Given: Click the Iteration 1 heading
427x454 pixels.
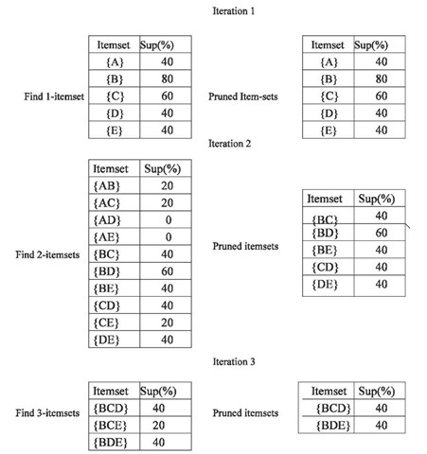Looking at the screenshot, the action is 234,11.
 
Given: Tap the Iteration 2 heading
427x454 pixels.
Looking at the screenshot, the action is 230,144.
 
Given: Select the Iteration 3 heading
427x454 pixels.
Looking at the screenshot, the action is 234,361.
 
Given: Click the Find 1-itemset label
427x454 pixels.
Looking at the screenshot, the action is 54,96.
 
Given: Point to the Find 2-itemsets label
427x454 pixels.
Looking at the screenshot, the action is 47,254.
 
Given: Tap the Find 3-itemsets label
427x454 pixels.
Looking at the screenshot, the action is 47,413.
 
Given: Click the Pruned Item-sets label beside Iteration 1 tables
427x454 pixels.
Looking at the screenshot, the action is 243,96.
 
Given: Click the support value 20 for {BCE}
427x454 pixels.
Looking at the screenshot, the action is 159,426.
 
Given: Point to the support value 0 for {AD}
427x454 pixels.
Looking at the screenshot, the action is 169,219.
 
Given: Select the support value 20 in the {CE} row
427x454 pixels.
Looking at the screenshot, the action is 168,323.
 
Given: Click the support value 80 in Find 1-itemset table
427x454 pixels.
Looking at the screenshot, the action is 168,79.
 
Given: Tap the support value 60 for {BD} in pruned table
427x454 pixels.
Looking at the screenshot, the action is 382,233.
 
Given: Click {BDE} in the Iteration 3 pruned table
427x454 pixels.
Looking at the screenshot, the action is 333,426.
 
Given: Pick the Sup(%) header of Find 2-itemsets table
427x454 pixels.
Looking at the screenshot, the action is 163,169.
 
